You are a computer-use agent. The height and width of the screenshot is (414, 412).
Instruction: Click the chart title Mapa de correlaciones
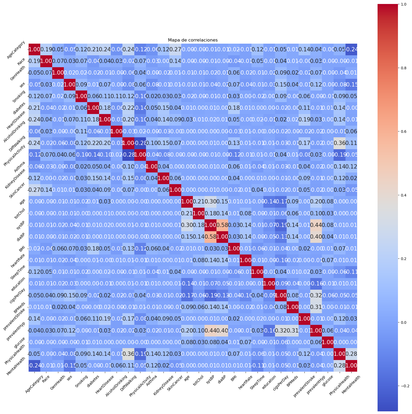193,40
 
